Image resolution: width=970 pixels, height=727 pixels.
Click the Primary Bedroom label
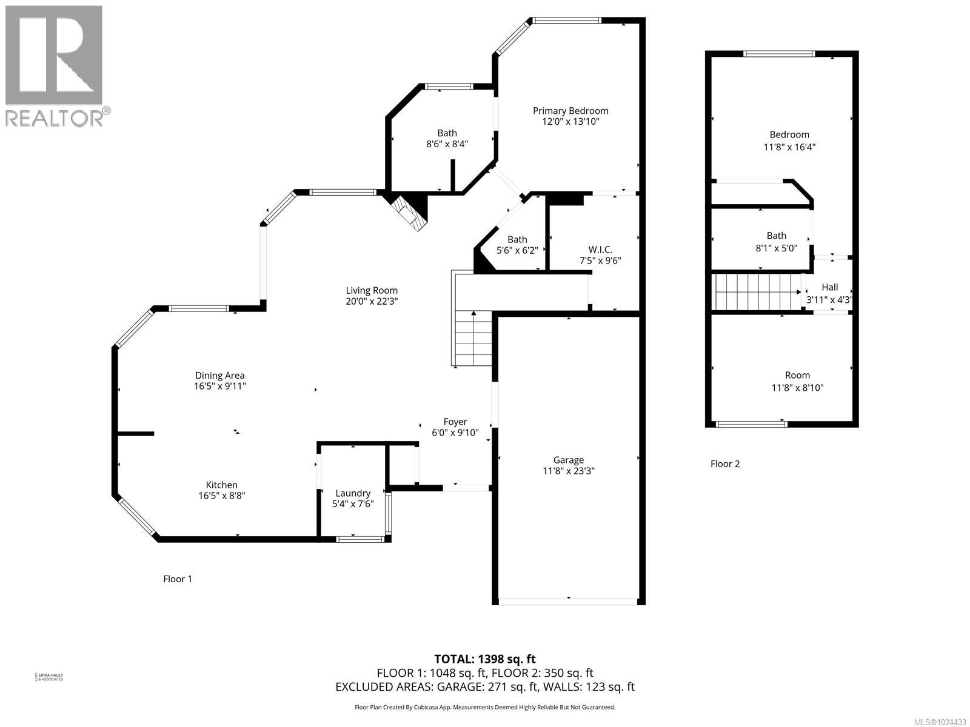570,111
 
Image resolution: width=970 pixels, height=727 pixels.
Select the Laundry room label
352,493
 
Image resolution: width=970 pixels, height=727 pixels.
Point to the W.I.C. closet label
600,250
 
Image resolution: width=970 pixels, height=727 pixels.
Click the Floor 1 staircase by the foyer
473,338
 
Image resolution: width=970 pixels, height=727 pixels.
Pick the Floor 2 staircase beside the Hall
756,292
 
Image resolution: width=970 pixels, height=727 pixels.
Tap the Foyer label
455,422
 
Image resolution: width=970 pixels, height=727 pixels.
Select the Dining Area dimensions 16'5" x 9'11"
219,386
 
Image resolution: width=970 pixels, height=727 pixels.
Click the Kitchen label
221,485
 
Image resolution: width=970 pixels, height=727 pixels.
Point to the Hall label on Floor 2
829,287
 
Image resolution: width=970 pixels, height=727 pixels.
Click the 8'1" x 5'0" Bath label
776,241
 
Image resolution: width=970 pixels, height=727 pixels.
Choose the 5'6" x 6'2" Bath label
517,245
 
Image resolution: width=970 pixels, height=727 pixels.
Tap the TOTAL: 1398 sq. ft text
484,659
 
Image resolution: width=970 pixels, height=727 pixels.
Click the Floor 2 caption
724,464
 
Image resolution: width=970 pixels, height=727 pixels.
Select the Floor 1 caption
177,579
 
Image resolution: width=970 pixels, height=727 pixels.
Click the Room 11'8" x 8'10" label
797,382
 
